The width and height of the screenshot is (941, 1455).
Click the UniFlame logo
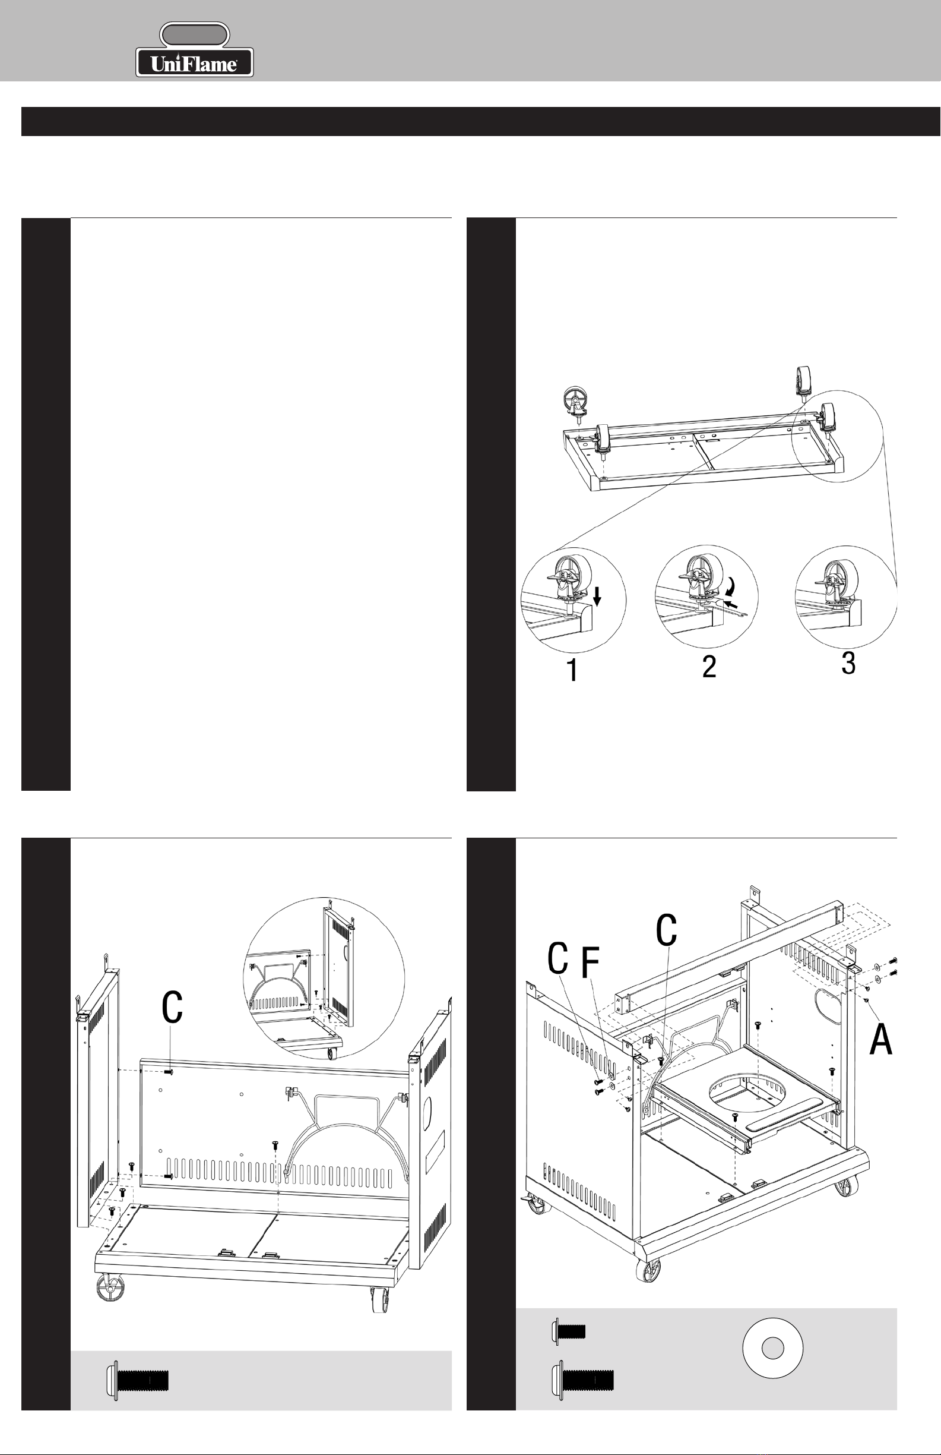click(194, 49)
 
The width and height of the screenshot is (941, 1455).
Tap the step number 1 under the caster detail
click(572, 670)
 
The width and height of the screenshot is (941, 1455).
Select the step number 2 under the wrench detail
click(709, 666)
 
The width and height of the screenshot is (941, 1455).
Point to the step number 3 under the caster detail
click(848, 662)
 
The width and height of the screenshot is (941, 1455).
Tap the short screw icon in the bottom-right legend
click(568, 1331)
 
